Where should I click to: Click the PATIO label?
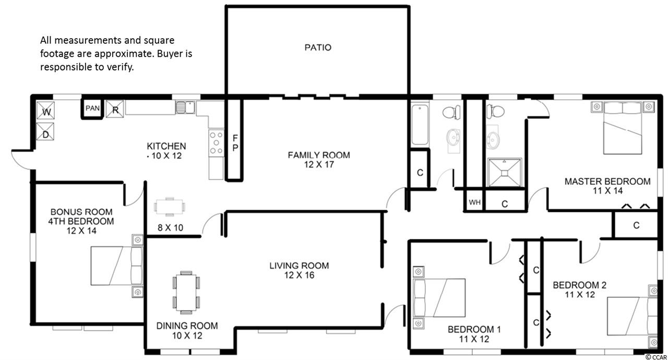[x=318, y=47]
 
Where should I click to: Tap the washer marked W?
[x=45, y=111]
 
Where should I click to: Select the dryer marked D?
[x=45, y=131]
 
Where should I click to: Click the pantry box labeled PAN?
[x=92, y=108]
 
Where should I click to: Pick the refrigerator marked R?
[x=115, y=109]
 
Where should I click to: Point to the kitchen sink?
[x=185, y=107]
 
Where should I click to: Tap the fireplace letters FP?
[x=235, y=143]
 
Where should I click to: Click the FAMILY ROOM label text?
[x=319, y=155]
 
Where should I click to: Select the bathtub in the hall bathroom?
[x=420, y=125]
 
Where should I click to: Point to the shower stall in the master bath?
[x=504, y=173]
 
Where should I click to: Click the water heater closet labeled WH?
[x=474, y=202]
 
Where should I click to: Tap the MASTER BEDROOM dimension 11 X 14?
[x=607, y=191]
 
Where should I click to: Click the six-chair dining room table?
[x=186, y=293]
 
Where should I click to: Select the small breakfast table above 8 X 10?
[x=170, y=206]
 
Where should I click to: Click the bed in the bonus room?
[x=117, y=265]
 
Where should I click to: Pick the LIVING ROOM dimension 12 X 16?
[x=299, y=275]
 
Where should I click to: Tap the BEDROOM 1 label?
[x=474, y=329]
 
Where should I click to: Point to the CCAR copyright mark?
[x=656, y=357]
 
